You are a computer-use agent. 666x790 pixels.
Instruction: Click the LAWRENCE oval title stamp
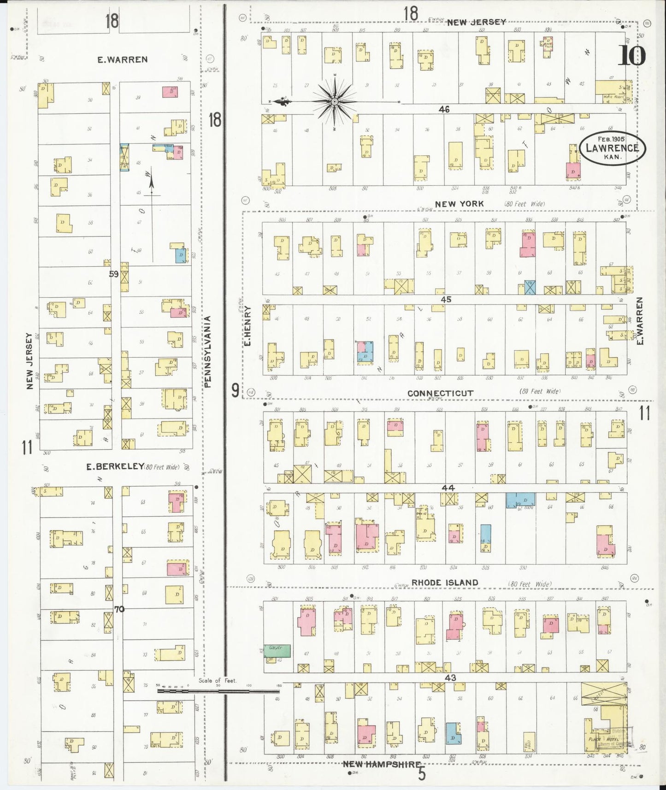(613, 147)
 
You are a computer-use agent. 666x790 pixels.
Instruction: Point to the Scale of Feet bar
(219, 690)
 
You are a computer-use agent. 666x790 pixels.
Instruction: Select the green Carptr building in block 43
(277, 650)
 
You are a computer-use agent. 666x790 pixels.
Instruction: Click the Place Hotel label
(601, 739)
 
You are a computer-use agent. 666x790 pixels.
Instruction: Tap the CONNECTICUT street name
(440, 393)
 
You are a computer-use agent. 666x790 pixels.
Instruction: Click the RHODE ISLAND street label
(444, 583)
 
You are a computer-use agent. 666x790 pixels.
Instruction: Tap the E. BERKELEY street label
(115, 466)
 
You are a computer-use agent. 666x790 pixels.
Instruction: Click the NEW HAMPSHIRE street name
(382, 764)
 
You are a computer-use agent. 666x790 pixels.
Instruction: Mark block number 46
(444, 110)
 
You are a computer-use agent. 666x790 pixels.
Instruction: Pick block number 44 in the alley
(448, 488)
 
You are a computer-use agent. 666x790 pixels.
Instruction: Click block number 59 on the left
(113, 274)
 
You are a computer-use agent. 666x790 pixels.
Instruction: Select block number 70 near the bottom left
(119, 609)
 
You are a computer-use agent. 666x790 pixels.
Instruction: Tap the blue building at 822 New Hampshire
(453, 733)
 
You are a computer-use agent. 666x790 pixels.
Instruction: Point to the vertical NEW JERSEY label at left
(30, 361)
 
